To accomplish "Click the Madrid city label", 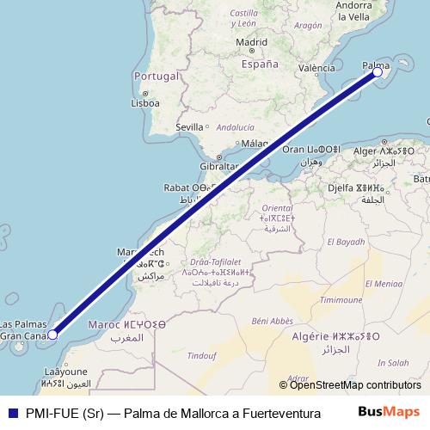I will click(251, 41).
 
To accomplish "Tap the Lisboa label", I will click(145, 103).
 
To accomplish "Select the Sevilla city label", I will click(189, 126).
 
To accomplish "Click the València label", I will click(316, 67).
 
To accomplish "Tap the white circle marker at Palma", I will click(378, 73).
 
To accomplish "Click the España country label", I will click(259, 64).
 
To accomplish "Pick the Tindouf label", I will click(202, 355).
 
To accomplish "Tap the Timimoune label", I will click(341, 300).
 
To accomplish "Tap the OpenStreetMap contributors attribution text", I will click(355, 385).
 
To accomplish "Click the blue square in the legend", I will click(12, 413).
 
